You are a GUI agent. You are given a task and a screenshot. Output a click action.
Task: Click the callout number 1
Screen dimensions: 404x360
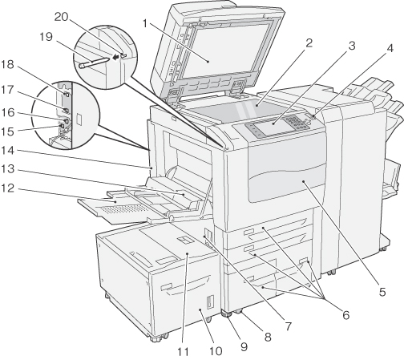[x=145, y=24]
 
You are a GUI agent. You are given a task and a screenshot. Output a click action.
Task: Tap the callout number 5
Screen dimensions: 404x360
[x=382, y=292]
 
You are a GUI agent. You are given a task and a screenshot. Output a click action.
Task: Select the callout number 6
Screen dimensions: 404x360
[x=346, y=315]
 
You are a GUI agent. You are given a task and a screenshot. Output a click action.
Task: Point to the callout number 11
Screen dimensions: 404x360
[x=184, y=352]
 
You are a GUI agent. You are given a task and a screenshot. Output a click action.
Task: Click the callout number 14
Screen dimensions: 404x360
[x=7, y=151]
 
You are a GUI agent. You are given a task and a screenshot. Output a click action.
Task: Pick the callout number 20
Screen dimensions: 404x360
[x=62, y=17]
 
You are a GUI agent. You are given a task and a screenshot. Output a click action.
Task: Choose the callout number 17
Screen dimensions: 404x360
[x=7, y=90]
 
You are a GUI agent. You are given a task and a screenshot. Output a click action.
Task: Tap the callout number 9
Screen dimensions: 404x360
[x=244, y=346]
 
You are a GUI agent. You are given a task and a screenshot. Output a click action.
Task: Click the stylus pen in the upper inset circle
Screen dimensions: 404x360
[x=94, y=62]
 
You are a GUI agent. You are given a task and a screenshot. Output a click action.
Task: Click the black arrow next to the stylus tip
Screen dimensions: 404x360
[x=115, y=57]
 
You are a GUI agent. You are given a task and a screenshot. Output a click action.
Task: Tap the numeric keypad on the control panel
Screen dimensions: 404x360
[x=297, y=123]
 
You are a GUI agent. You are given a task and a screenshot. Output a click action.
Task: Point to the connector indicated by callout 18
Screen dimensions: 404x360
[x=67, y=94]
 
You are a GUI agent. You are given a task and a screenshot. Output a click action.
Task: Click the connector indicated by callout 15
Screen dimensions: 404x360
[x=62, y=125]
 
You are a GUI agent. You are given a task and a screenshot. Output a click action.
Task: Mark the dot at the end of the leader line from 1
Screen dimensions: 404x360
[x=208, y=62]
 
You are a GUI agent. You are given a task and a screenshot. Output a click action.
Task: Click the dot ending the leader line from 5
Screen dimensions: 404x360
[x=304, y=181]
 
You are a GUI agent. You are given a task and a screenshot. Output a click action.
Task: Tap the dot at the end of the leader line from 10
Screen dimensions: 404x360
[x=200, y=309]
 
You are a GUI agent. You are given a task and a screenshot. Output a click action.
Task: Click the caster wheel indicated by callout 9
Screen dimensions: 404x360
[x=227, y=315]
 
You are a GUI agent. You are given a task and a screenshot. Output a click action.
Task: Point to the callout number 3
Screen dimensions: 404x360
[x=352, y=46]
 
